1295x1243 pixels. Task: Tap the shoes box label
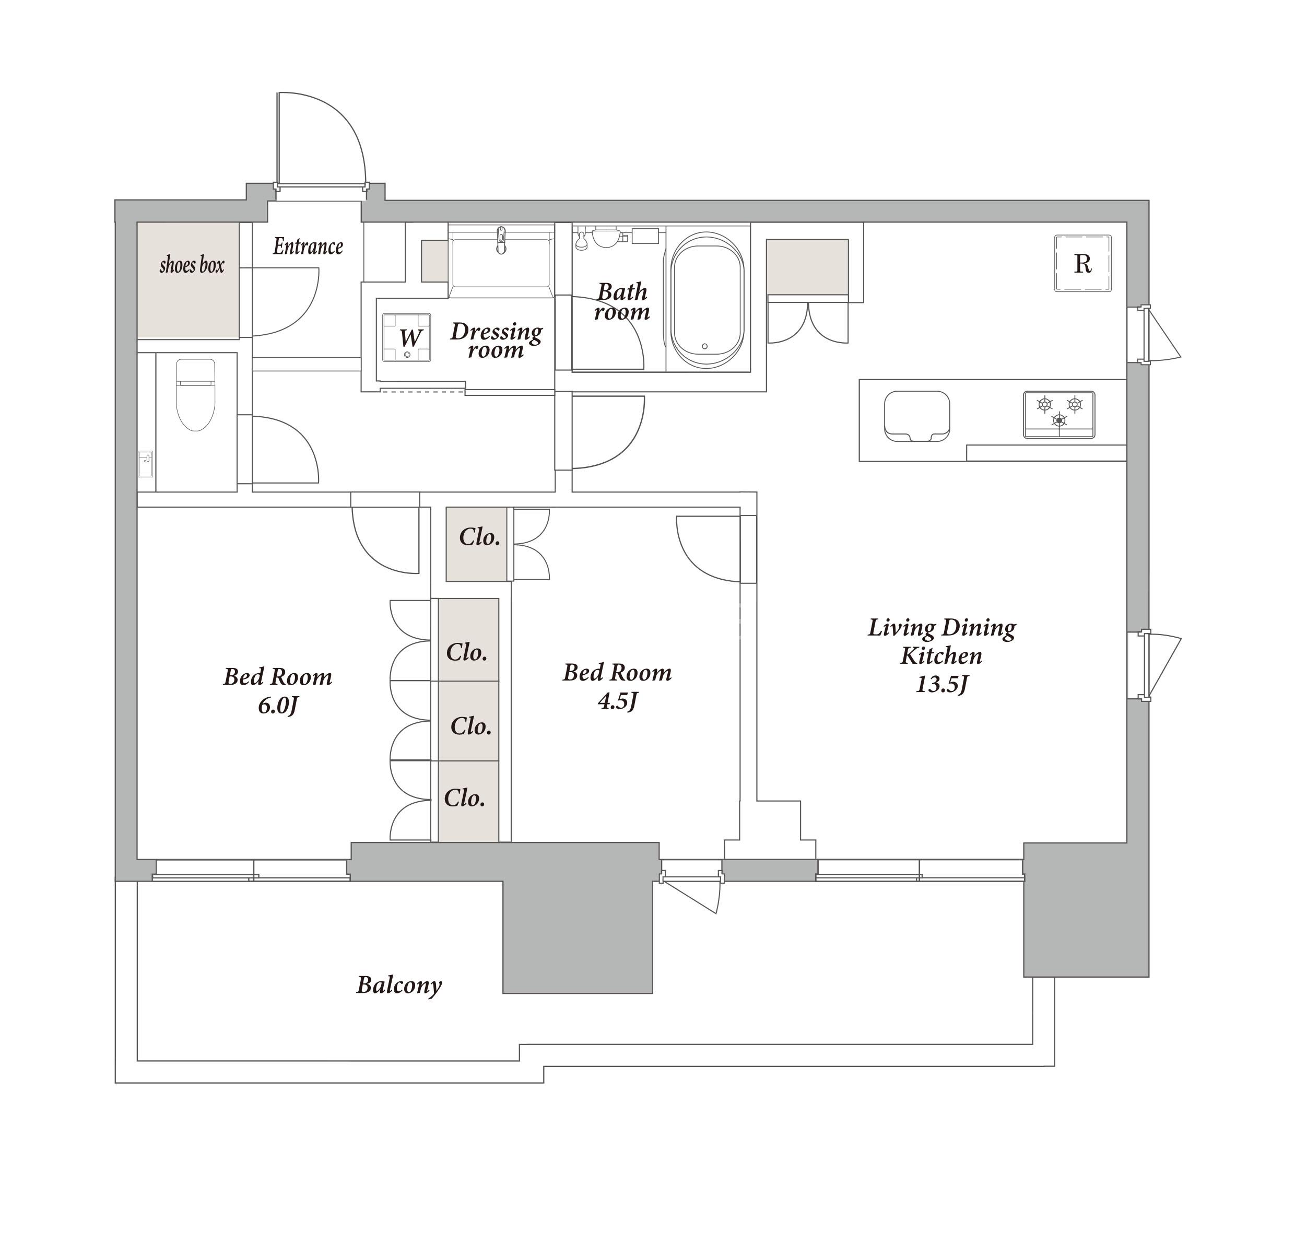click(192, 265)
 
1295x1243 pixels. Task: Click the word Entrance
click(308, 247)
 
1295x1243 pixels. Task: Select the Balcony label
click(399, 986)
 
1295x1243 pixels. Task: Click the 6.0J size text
click(278, 707)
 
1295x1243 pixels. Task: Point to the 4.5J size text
click(618, 701)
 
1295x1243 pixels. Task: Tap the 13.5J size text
click(941, 685)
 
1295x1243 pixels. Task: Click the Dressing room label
click(496, 341)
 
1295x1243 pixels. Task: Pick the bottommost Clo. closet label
click(465, 798)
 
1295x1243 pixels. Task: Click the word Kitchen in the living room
click(941, 656)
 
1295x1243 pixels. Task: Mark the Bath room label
click(622, 301)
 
